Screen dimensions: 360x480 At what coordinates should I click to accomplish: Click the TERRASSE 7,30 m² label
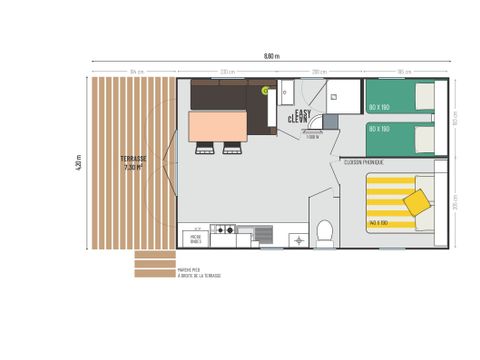(x=133, y=163)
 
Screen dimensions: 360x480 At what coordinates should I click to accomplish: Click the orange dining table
(x=220, y=126)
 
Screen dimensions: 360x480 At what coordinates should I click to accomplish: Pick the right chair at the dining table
(x=233, y=149)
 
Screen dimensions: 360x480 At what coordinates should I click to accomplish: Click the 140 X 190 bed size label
(x=379, y=222)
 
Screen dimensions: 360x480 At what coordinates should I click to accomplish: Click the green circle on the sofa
(x=265, y=91)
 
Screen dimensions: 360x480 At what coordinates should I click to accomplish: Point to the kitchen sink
(x=263, y=234)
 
